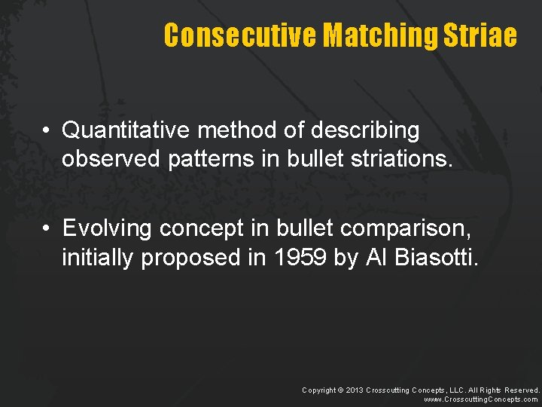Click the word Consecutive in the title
[240, 35]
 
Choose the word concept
[196, 228]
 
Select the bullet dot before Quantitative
[46, 131]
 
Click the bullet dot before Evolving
[46, 228]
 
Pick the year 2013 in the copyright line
[355, 390]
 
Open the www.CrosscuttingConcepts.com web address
[482, 399]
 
